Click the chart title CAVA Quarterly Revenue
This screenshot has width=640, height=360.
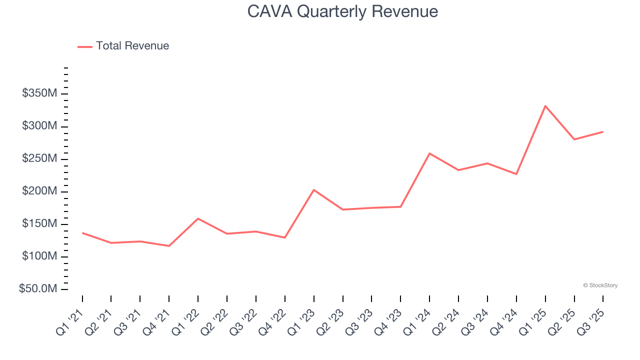coord(342,11)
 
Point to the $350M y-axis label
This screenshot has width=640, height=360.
coord(39,93)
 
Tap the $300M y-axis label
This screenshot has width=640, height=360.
coord(39,126)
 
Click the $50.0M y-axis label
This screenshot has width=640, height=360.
coord(38,289)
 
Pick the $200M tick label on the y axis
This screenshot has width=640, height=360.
coord(39,191)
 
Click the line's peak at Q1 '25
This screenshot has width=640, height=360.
coord(545,106)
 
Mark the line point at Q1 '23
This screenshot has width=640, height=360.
coord(313,190)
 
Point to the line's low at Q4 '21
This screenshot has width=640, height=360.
coord(169,246)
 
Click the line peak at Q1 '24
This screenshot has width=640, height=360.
coord(429,153)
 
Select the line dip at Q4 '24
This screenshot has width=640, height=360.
coord(516,174)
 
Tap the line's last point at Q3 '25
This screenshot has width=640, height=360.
coord(602,132)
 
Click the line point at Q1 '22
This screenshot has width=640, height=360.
coord(198,218)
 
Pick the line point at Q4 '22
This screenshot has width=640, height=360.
coord(284,237)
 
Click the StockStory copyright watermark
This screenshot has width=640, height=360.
coord(600,285)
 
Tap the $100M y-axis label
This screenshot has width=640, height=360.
coord(39,256)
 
